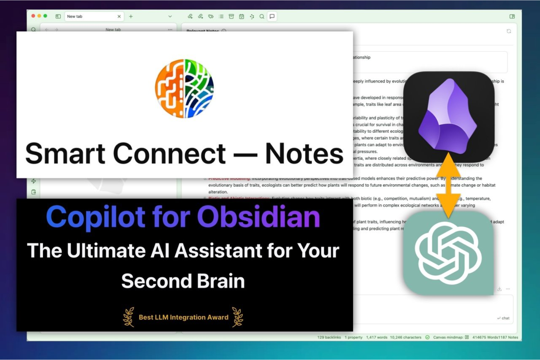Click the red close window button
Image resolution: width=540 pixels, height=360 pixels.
[33, 16]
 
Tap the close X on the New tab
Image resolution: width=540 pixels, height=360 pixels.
[119, 16]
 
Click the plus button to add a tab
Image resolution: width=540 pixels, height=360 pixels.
[131, 16]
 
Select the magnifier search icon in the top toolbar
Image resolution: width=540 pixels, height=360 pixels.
[262, 16]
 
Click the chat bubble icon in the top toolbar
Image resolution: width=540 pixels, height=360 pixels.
[272, 16]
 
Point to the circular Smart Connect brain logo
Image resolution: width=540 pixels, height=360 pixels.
[184, 88]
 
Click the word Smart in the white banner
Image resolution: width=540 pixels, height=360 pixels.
[65, 154]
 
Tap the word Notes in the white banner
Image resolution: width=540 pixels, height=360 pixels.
[304, 154]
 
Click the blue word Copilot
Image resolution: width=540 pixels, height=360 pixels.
[96, 217]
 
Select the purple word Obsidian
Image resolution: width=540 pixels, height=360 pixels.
[258, 217]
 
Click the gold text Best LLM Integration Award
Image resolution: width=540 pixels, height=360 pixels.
[184, 317]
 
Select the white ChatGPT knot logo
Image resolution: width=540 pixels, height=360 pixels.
[448, 253]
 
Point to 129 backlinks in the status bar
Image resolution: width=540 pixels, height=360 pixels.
[329, 337]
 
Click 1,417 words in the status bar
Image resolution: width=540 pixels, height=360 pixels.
[377, 337]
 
